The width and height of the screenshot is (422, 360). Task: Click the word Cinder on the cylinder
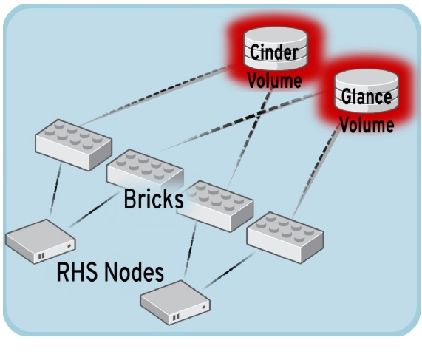(x=274, y=52)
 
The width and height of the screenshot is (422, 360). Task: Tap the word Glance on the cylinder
(x=367, y=96)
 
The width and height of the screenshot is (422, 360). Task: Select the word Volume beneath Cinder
(x=274, y=81)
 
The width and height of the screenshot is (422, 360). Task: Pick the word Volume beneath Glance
(x=367, y=125)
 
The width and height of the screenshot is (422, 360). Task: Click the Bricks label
(x=154, y=198)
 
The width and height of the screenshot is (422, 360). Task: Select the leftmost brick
(x=73, y=145)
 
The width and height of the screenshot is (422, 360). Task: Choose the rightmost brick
(x=285, y=237)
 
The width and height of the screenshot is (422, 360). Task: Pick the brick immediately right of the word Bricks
(x=215, y=206)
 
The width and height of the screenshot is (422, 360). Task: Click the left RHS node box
(x=41, y=242)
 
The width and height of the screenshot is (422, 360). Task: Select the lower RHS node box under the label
(x=175, y=302)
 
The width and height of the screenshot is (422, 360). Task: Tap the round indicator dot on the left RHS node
(x=69, y=246)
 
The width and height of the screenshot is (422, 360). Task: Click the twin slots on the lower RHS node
(x=176, y=317)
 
